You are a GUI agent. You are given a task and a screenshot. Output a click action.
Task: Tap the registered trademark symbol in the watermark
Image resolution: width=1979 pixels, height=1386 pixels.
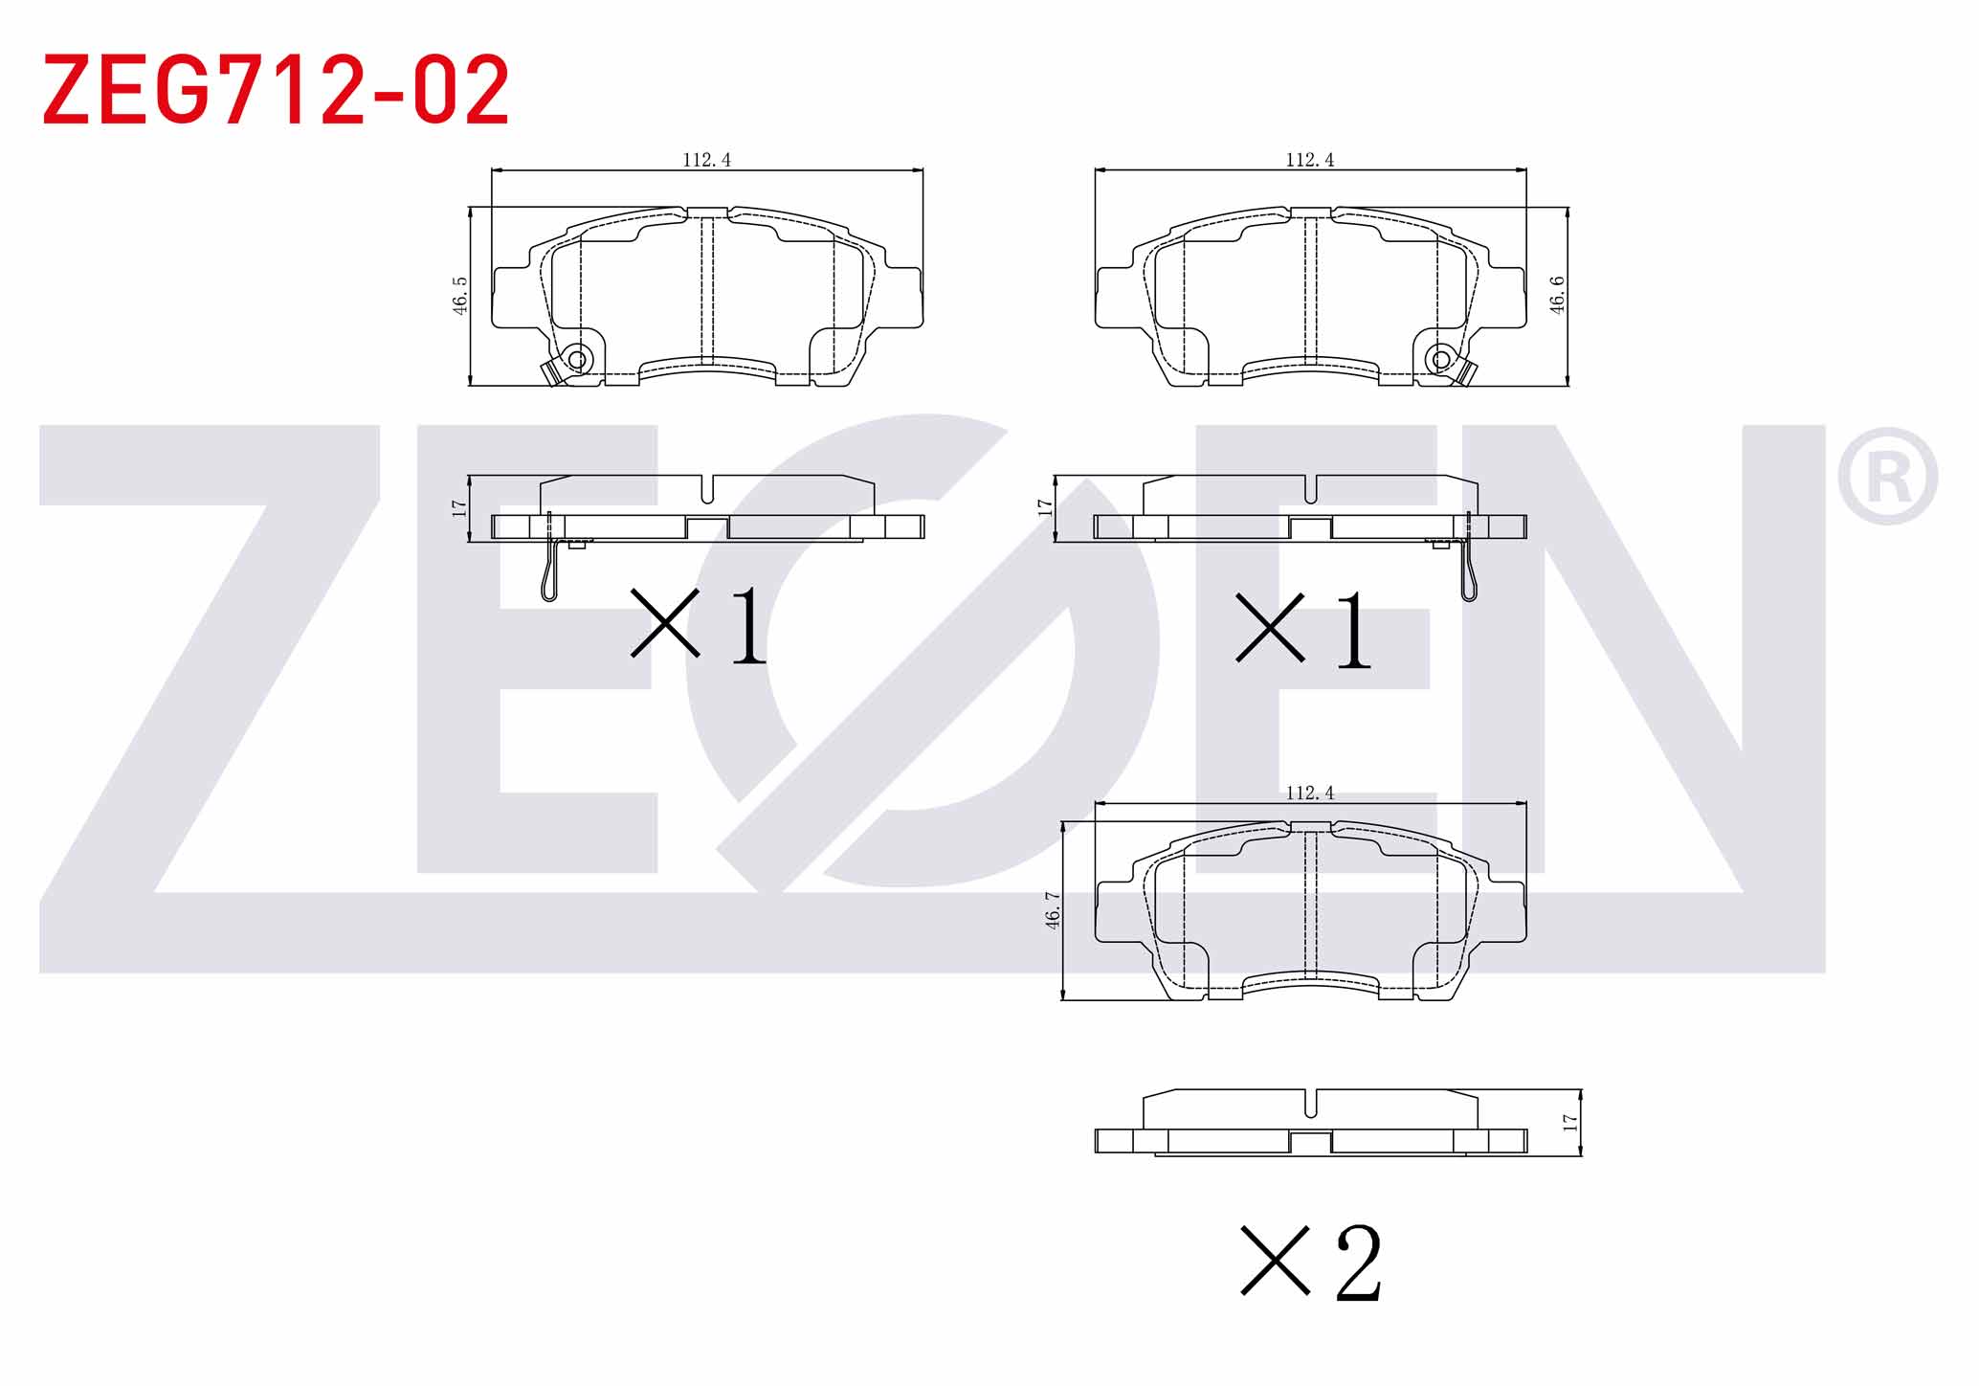coord(1887,477)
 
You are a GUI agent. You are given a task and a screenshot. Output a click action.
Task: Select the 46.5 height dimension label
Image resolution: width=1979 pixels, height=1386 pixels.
coord(460,296)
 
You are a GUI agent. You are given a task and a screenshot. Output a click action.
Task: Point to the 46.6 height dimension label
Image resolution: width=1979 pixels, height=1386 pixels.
coord(1557,295)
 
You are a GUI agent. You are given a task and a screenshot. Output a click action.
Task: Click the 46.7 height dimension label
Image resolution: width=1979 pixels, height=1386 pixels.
coord(1053,910)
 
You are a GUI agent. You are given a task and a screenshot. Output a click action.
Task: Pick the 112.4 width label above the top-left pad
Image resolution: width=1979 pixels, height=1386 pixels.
coord(706,160)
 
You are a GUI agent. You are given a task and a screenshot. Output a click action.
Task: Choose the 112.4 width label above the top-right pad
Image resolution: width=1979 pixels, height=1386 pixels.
coord(1310,160)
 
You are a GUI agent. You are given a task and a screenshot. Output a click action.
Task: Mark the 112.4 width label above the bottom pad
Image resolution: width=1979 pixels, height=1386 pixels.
coord(1310,793)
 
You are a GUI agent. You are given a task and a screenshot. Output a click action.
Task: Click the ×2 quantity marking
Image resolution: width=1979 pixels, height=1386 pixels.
coord(1311,1263)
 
